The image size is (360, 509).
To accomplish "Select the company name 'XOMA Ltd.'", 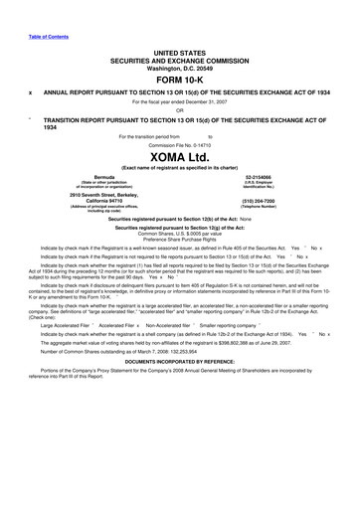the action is point(180,157).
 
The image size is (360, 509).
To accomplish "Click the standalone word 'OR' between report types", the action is point(180,110).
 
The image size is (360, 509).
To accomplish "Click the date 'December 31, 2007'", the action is point(212,102).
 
